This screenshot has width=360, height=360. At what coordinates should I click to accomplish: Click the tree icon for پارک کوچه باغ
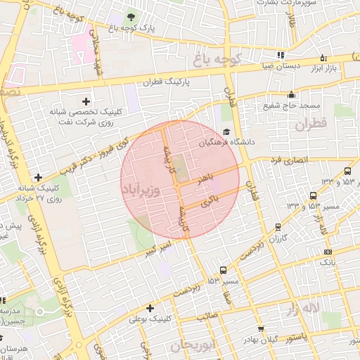(x=131, y=16)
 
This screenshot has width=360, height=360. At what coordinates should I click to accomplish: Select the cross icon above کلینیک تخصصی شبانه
(x=86, y=101)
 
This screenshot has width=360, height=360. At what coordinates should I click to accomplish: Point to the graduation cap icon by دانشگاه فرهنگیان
(x=226, y=131)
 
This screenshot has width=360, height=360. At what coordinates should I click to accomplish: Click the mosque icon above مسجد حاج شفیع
(x=292, y=95)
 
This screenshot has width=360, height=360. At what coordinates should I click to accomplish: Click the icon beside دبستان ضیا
(x=281, y=55)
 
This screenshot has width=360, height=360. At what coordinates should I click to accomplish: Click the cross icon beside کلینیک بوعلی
(x=150, y=308)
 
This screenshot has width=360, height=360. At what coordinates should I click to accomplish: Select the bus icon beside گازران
(x=279, y=227)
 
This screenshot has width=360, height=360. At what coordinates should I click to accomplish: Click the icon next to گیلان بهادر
(x=261, y=329)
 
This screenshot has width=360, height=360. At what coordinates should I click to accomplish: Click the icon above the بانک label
(x=328, y=252)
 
